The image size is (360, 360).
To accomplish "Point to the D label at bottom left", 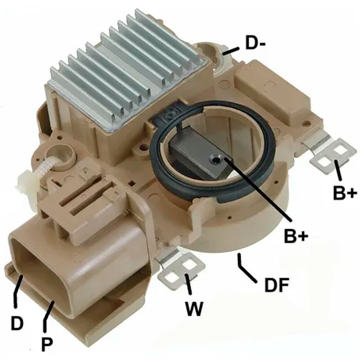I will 17,322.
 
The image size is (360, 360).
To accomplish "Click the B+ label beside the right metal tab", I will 345,193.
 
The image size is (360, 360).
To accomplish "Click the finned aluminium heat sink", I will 126,69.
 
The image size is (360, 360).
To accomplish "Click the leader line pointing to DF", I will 246,268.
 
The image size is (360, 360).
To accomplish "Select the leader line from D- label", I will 231,51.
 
